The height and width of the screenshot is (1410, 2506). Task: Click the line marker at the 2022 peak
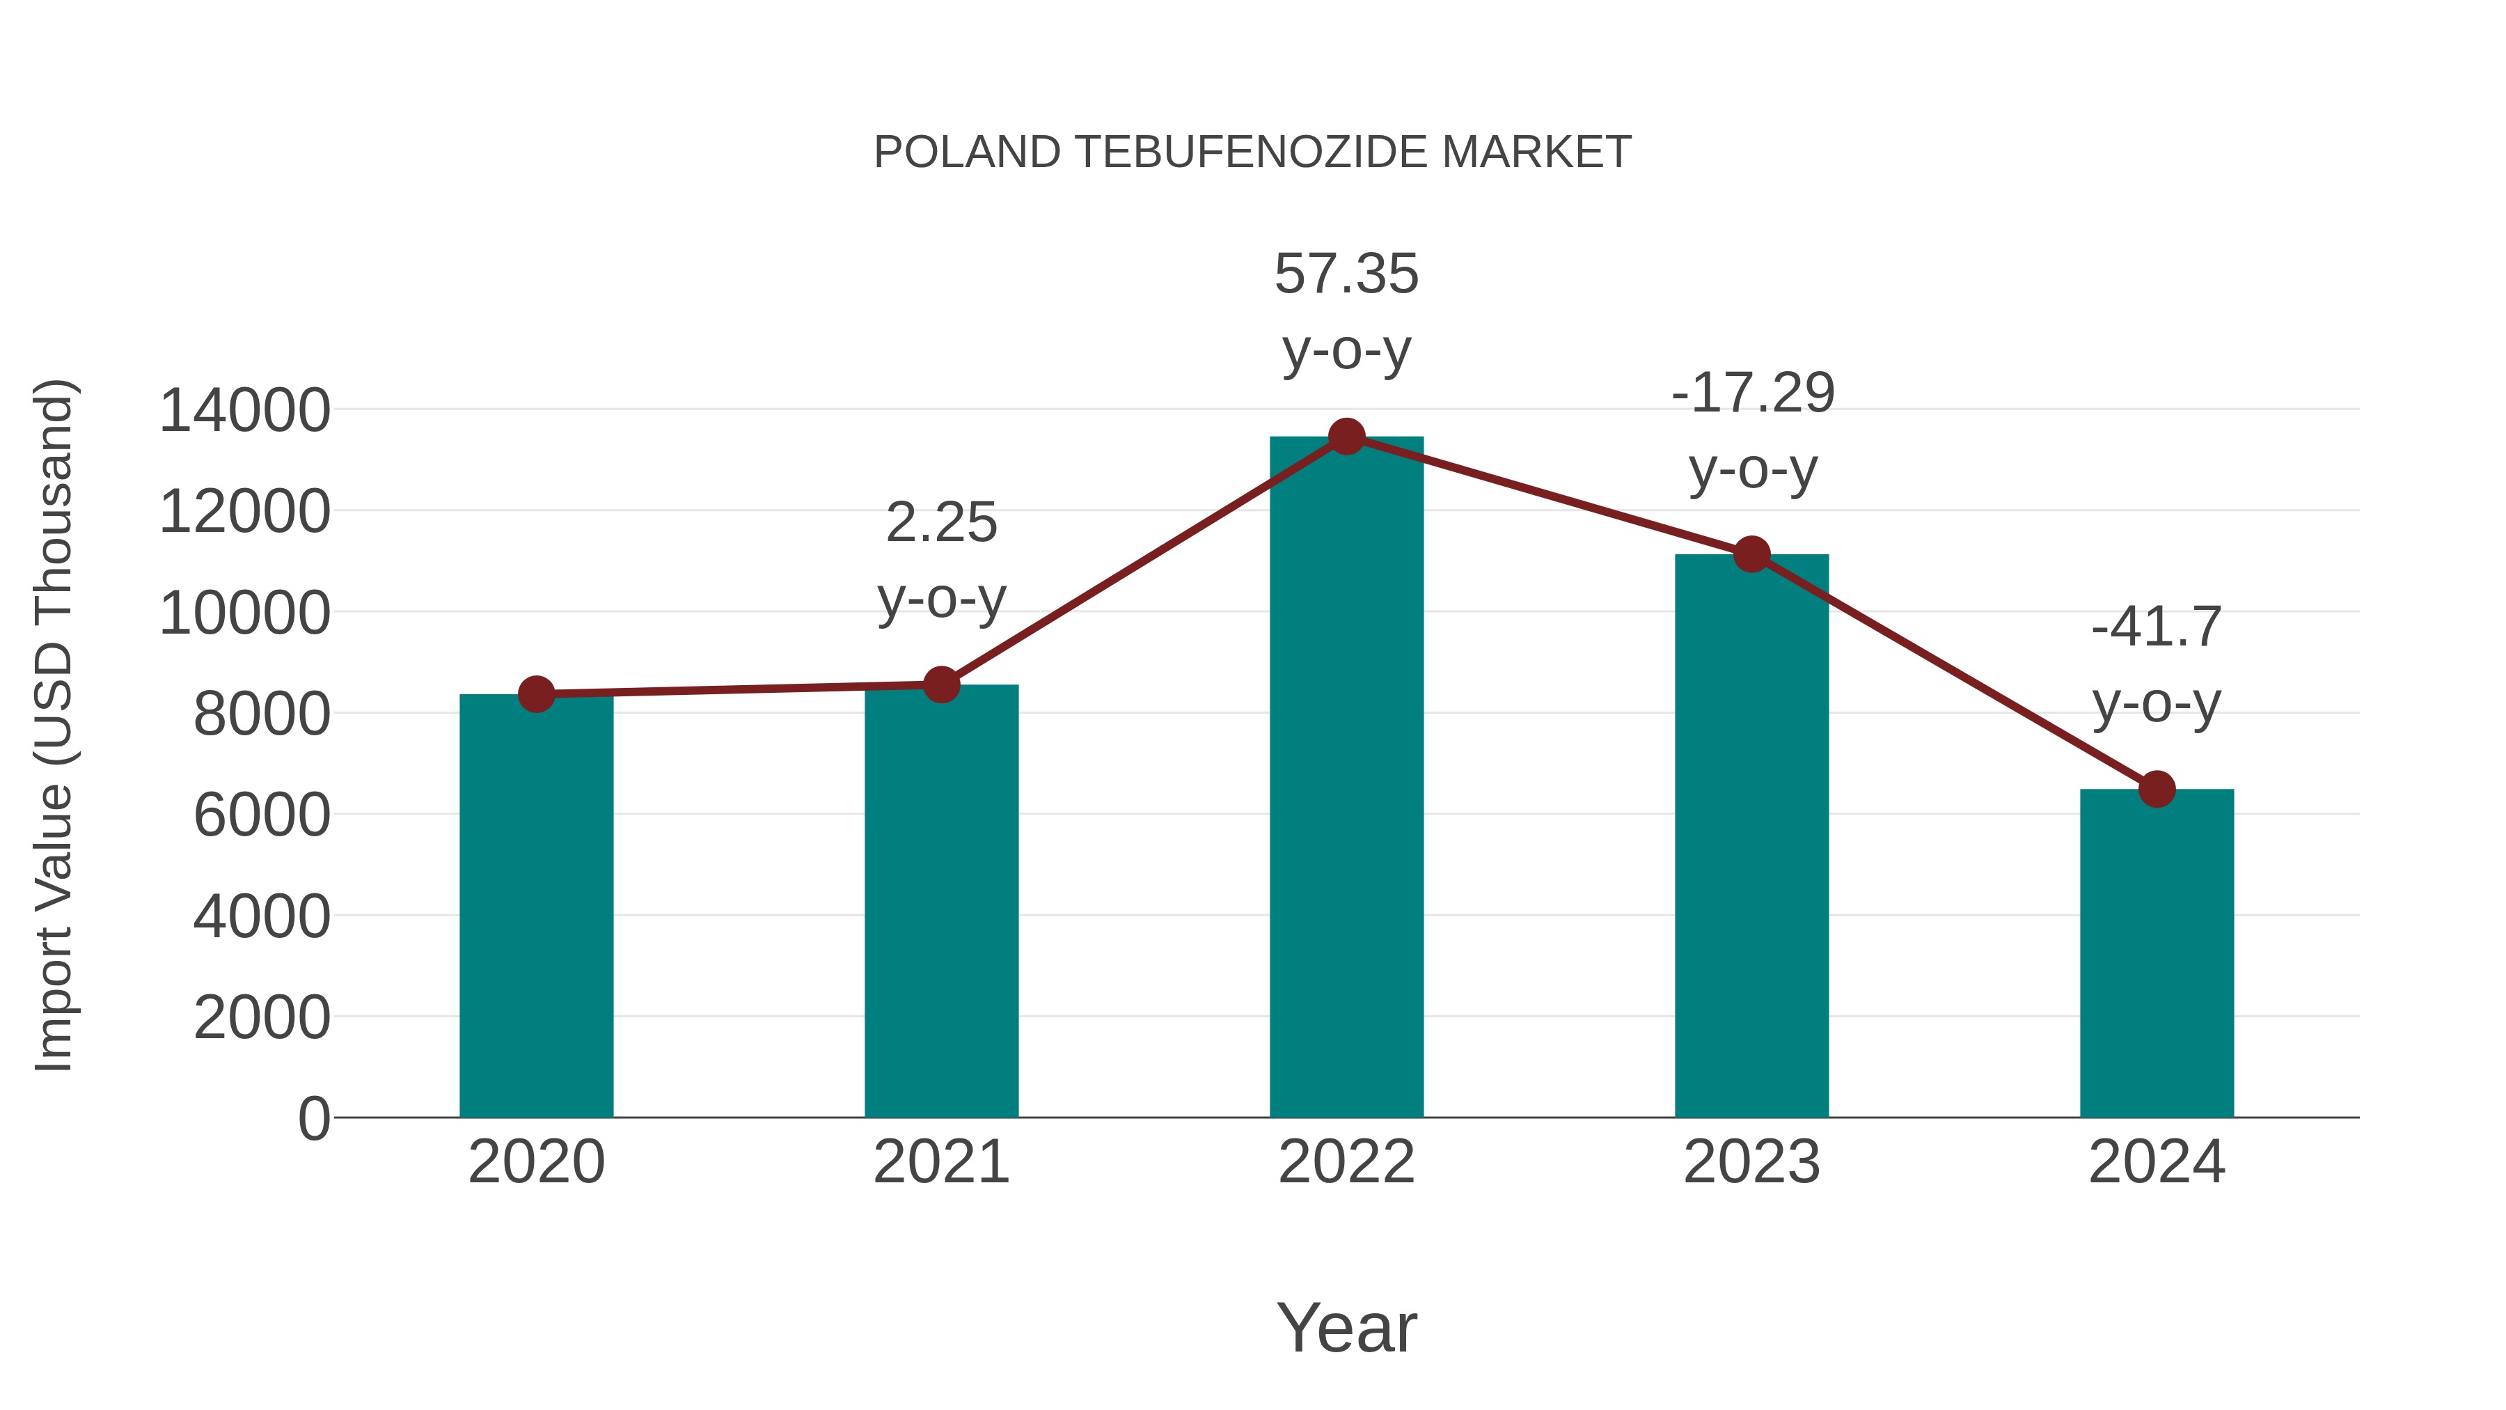coord(1346,437)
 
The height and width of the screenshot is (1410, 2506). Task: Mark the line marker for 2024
coord(2157,789)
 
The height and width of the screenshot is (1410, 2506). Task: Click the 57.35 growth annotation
coord(1346,274)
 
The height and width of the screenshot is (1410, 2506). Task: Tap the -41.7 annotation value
coord(2157,627)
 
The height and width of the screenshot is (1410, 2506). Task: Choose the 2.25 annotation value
coord(940,522)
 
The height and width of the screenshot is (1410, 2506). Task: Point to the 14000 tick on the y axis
coord(244,409)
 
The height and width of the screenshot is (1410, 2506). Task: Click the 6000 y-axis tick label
coord(262,815)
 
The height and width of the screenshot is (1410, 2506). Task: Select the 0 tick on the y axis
coord(314,1118)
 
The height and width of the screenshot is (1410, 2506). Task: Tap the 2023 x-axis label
coord(1751,1162)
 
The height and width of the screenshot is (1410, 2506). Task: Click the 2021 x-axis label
coord(940,1162)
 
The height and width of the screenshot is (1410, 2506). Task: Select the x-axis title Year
coord(1346,1327)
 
